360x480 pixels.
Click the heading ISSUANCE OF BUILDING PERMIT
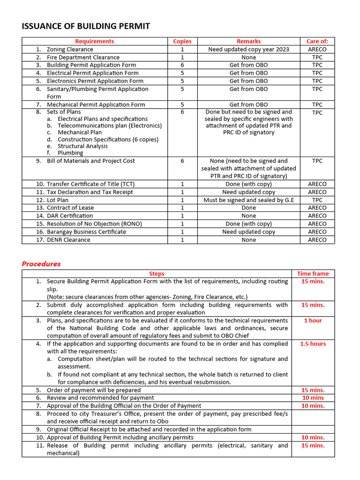coord(86,26)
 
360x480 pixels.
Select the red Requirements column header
coord(94,41)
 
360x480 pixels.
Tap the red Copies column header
coord(182,41)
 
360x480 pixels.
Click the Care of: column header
coord(317,41)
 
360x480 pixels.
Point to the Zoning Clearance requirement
coord(70,49)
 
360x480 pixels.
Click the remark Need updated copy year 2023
coord(248,49)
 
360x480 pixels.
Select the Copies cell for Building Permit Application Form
coord(182,65)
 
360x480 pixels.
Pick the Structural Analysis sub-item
coord(82,146)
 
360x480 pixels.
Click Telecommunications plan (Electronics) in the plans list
coord(110,126)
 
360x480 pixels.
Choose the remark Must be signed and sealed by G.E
coord(248,200)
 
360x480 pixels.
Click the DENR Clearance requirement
coord(68,240)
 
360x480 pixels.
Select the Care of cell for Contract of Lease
coord(317,208)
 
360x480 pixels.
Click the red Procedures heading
coord(41,264)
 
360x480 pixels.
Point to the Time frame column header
coord(313,274)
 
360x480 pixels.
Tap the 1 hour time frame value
coord(313,321)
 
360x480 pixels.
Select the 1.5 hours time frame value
coord(313,344)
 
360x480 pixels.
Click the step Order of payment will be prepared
coord(94,390)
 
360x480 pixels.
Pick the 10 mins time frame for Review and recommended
coord(313,398)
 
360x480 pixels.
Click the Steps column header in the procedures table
coord(157,274)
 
